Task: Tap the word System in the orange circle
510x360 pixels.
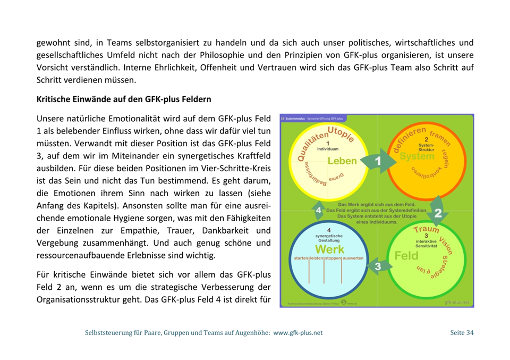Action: [x=417, y=156]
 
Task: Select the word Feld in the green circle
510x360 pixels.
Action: [x=406, y=255]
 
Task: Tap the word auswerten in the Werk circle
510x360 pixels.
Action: [x=353, y=258]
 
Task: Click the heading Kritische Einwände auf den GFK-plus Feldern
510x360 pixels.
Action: [x=124, y=99]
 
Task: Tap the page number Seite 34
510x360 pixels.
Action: [x=462, y=333]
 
